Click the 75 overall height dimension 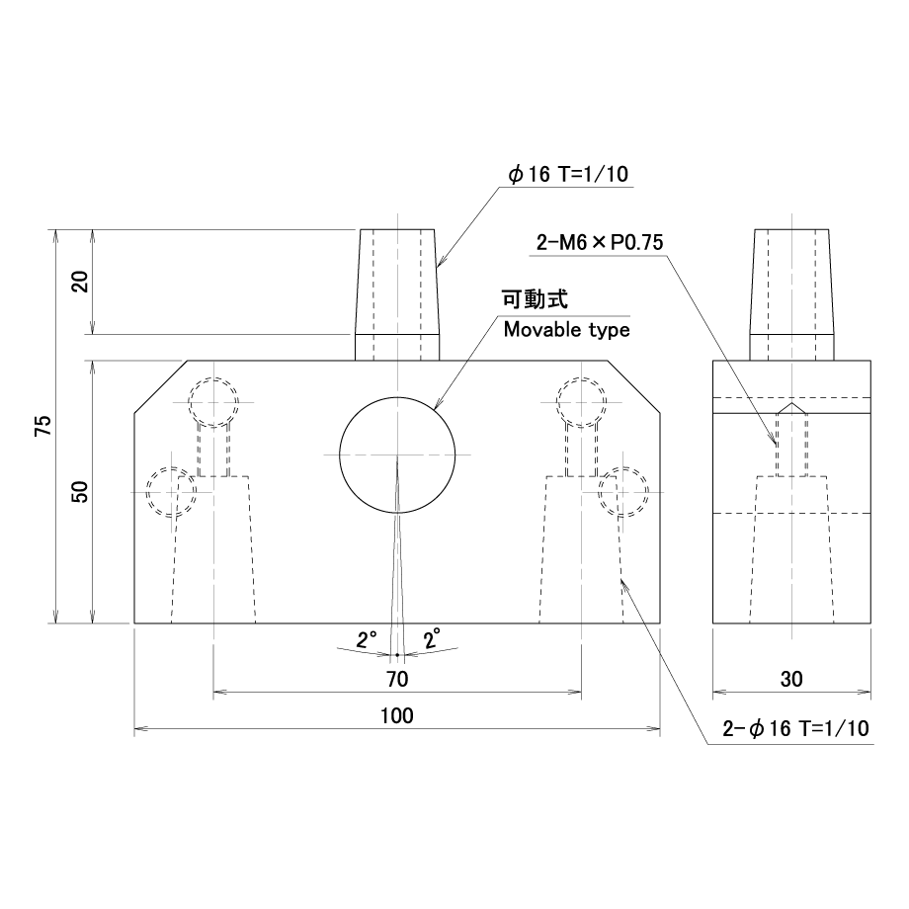coord(41,427)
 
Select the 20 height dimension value coord(81,282)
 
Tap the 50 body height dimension coord(81,491)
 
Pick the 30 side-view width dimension coord(792,679)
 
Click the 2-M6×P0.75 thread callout coord(600,242)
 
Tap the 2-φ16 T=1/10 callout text coord(795,729)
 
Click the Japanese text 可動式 coord(537,299)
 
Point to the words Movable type coord(566,329)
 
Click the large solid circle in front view coord(397,454)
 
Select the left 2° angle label coord(367,639)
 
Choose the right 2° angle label coord(432,639)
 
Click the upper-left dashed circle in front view coord(213,401)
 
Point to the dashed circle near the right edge coord(623,491)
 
